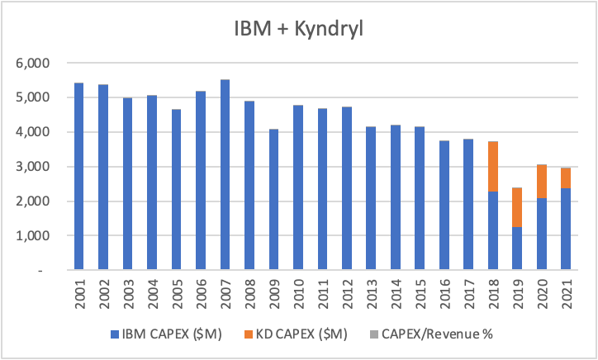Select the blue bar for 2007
click(225, 175)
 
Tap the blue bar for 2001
click(78, 177)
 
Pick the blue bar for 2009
click(273, 200)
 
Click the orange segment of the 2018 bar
click(492, 167)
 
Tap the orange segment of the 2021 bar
click(566, 178)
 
